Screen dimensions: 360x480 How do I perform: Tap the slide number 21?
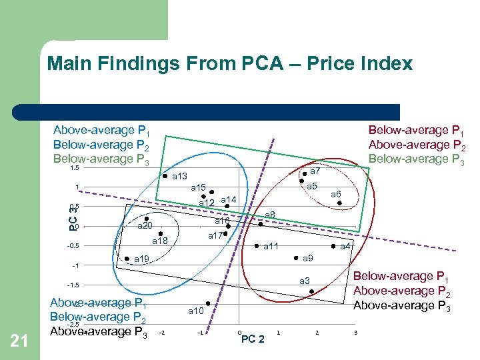[20, 341]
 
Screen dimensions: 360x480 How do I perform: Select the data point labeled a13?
[165, 177]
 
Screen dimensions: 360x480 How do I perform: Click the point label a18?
[160, 241]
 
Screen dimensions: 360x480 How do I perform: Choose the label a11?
[271, 247]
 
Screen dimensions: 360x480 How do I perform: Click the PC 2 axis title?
[253, 339]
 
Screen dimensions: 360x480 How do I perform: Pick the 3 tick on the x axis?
[356, 332]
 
